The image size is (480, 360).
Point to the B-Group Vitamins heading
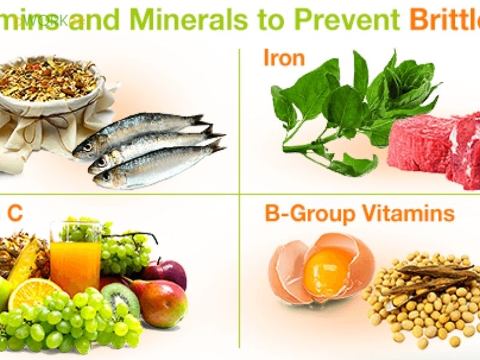click(359, 214)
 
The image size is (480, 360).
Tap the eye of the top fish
click(88, 146)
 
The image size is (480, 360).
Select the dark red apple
click(165, 273)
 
